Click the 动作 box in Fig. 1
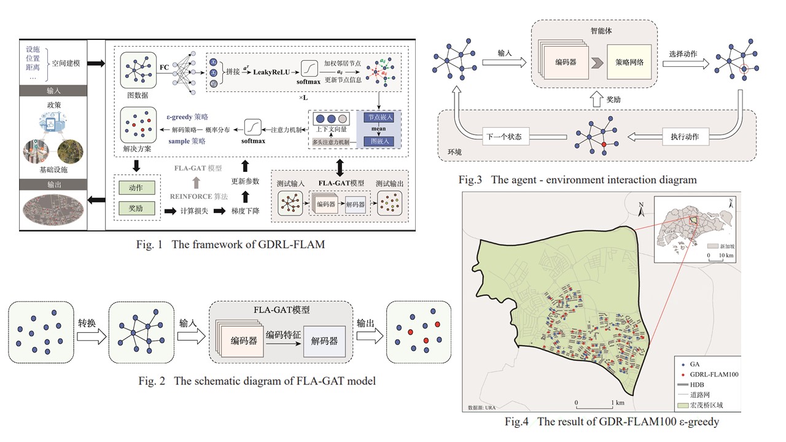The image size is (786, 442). click(136, 187)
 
